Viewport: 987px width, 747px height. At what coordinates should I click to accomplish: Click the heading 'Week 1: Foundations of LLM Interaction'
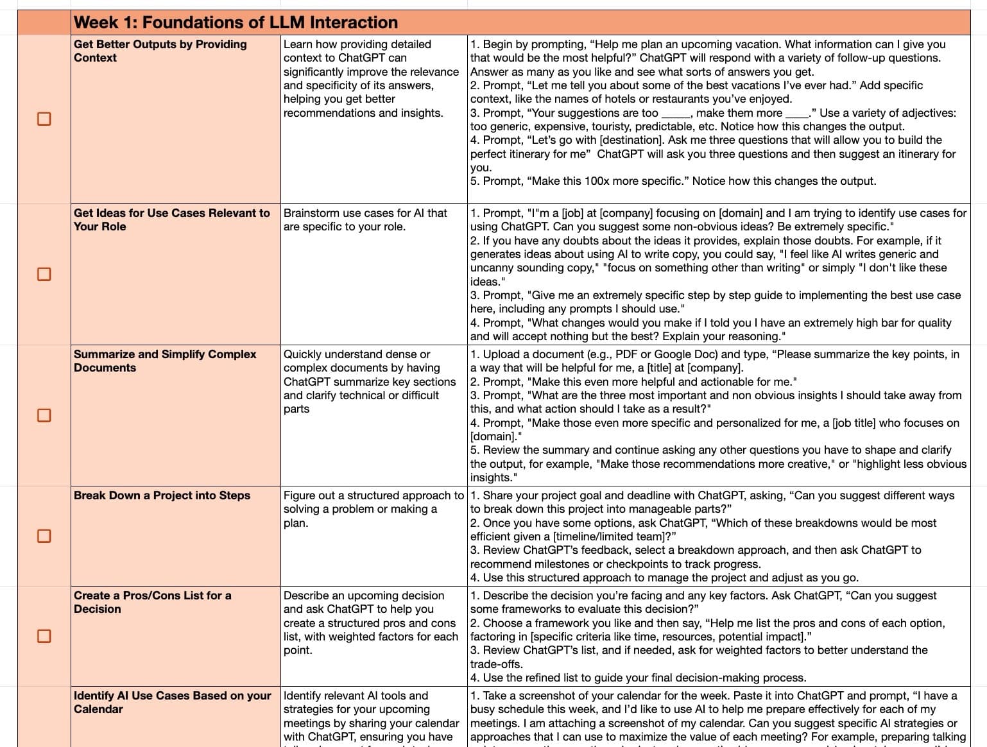(236, 22)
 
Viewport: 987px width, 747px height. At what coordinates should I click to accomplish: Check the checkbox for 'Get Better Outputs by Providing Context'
(44, 119)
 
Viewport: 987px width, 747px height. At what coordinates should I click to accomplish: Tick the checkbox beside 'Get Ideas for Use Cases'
(44, 274)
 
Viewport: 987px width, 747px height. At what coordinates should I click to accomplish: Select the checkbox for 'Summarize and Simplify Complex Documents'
(44, 415)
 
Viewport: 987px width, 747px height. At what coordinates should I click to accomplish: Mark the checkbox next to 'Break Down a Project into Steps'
(44, 536)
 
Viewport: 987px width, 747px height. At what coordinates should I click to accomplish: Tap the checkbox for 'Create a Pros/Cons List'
(44, 636)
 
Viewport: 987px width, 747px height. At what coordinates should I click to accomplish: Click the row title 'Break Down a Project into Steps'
(162, 495)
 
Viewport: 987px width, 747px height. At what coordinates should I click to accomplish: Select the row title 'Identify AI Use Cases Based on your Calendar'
(172, 702)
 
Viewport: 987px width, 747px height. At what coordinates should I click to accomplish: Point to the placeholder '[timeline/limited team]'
(612, 537)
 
